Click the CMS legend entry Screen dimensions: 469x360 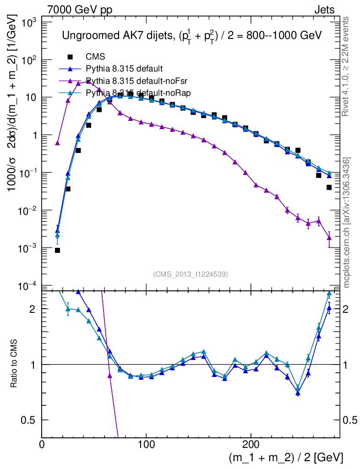coord(95,57)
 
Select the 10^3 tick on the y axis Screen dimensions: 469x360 coord(28,22)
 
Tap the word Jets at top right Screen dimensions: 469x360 coord(324,9)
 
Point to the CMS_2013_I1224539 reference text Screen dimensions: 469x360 coord(191,274)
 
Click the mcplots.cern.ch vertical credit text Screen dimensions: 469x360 coord(347,223)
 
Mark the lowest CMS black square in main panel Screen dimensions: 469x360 coord(57,250)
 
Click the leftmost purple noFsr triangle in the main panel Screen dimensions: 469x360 coord(57,143)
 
